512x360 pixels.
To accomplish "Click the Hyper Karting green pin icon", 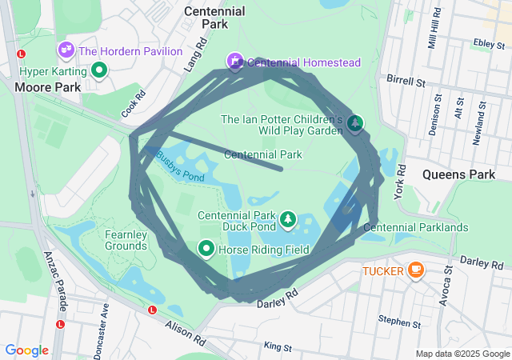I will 99,70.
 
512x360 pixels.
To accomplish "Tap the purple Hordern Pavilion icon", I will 66,50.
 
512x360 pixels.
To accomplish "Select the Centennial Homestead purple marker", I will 234,61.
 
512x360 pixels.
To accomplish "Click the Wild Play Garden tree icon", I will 354,123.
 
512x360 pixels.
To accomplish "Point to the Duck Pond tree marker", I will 287,218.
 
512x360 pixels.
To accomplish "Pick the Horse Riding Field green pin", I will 206,250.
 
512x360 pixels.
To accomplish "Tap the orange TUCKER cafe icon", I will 415,270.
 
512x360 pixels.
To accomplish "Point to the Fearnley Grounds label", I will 126,240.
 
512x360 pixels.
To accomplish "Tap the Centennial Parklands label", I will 415,228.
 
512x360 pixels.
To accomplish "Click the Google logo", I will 26,350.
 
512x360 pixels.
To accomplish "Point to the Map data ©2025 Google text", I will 462,354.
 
